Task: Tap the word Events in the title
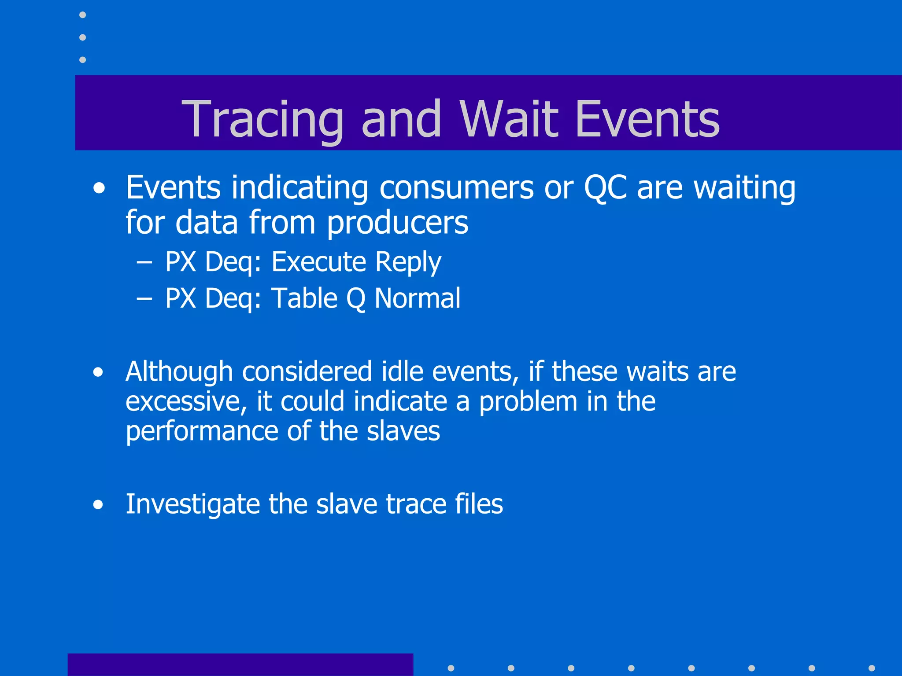[647, 119]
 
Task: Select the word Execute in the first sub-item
[318, 262]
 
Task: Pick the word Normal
[417, 298]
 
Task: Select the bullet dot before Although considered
[98, 372]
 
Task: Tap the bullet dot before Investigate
[98, 505]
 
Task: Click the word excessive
[185, 402]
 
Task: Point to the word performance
[201, 432]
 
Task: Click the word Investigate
[192, 504]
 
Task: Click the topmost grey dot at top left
[82, 15]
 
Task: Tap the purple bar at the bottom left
[240, 665]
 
